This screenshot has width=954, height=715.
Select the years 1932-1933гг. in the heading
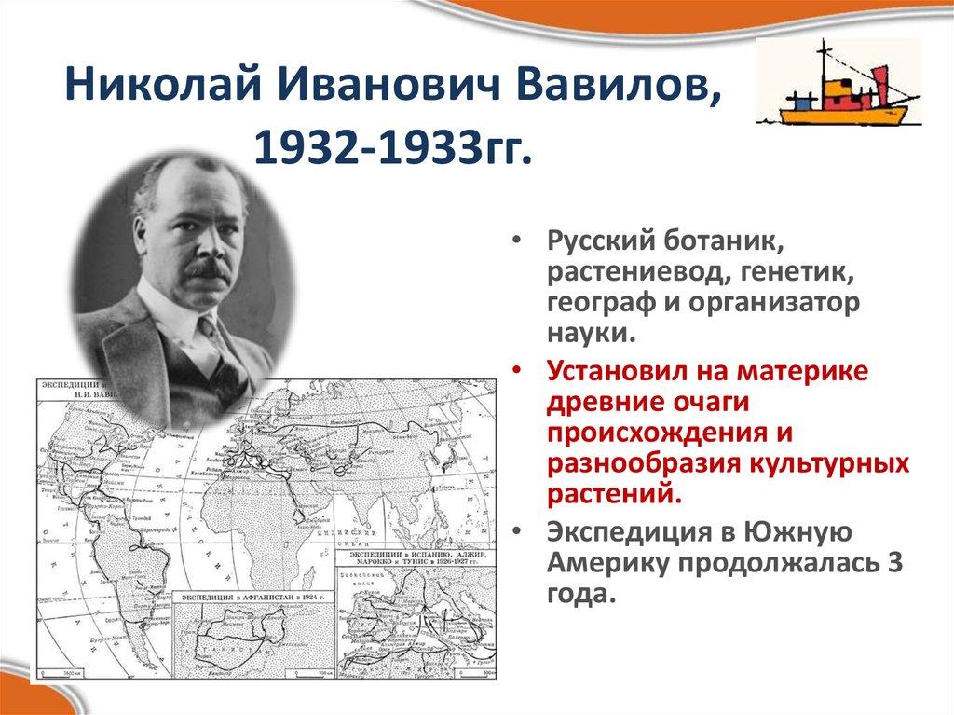coord(390,146)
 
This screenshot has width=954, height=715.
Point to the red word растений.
coord(612,493)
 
